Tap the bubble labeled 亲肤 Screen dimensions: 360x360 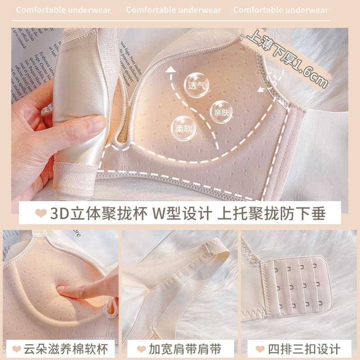pyautogui.click(x=221, y=112)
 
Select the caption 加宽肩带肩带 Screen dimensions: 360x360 pyautogui.click(x=186, y=349)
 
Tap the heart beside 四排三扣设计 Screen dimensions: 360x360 pyautogui.click(x=260, y=349)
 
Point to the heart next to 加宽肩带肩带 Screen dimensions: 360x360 pyautogui.click(x=140, y=349)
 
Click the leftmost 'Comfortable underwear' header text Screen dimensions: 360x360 pyautogui.click(x=63, y=10)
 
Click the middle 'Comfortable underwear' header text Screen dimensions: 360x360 pyautogui.click(x=174, y=10)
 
